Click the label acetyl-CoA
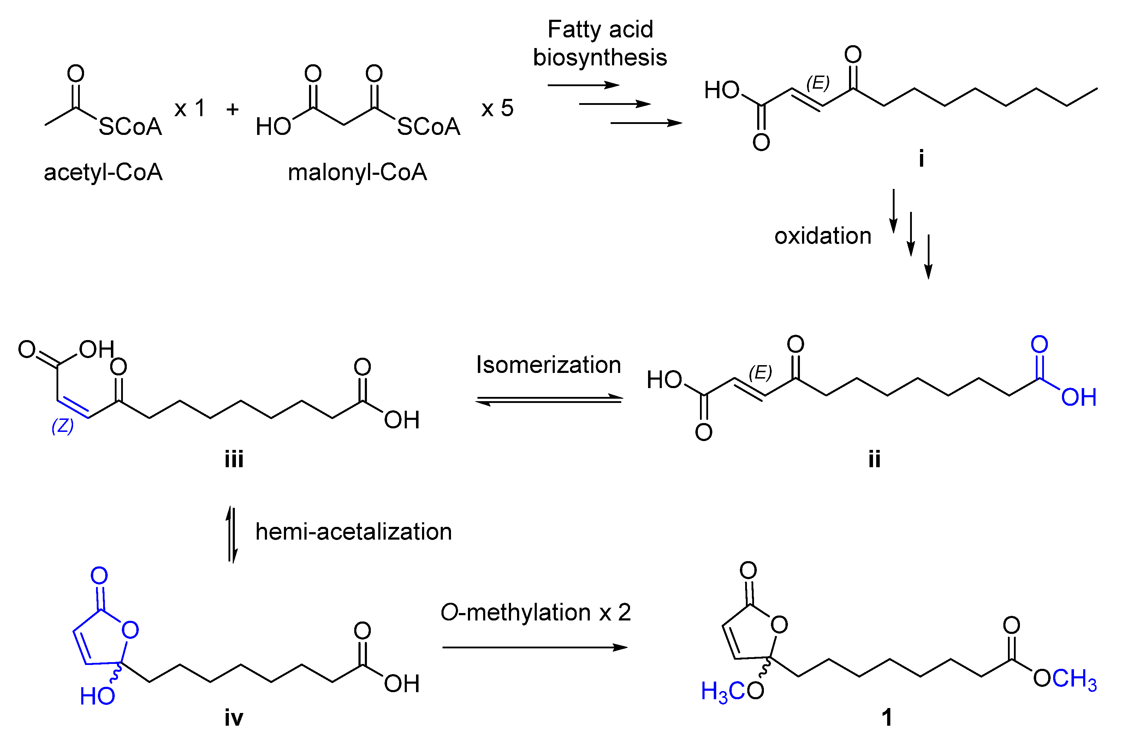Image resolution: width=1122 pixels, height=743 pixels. pos(103,172)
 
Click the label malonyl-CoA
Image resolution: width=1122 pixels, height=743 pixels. pos(357,172)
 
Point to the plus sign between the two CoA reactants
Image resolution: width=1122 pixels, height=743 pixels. pos(232,109)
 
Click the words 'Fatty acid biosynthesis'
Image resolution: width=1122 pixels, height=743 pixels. pos(600,43)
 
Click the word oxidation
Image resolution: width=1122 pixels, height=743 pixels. pos(823,236)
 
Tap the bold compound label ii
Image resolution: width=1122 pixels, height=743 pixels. pos(874,459)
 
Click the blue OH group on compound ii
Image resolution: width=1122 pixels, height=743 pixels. pos(1079,397)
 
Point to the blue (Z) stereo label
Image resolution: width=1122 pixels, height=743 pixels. pos(63,426)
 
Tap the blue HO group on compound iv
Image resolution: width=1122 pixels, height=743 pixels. pos(97,696)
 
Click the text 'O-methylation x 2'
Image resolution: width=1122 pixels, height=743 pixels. pos(535,612)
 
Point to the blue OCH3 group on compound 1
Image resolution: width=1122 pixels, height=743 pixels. pos(1064,679)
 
